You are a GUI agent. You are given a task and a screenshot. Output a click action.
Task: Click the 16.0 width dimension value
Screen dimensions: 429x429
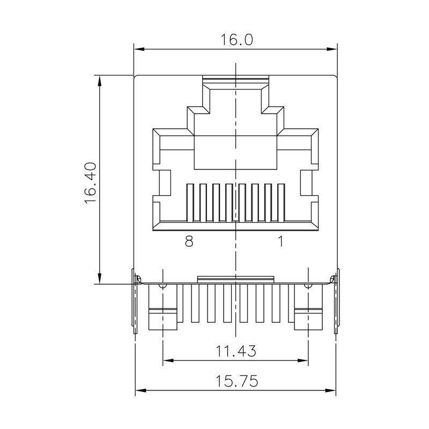(236, 40)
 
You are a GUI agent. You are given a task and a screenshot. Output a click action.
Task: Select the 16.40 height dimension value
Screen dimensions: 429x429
(90, 182)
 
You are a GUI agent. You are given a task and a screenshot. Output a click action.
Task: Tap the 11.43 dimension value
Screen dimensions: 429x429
(236, 351)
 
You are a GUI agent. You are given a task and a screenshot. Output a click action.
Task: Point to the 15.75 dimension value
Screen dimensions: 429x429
(236, 381)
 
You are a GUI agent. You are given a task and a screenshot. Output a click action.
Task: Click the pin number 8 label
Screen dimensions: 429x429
(188, 242)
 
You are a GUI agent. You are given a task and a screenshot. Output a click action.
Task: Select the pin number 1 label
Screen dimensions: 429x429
(280, 242)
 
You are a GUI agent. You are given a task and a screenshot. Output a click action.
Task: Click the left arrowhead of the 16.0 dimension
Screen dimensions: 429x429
(139, 50)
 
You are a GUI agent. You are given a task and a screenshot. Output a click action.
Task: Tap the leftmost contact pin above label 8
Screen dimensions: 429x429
(189, 202)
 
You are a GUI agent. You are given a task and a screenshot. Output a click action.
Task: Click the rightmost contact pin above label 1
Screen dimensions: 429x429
(282, 202)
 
